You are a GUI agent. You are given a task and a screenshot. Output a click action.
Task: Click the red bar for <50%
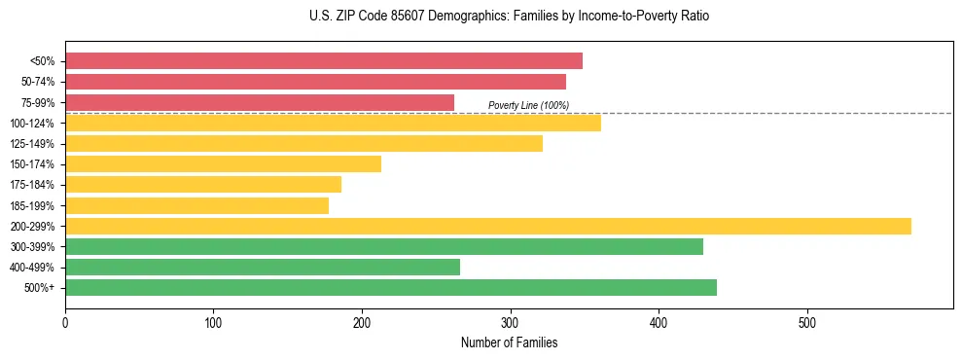324,61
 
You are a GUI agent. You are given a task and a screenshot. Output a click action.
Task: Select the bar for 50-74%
315,82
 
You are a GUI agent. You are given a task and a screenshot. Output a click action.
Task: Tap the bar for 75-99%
260,102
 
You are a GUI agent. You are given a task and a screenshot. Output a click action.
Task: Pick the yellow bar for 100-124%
333,123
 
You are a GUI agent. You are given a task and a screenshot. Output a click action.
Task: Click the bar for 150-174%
223,164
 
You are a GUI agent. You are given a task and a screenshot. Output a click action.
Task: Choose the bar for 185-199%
196,205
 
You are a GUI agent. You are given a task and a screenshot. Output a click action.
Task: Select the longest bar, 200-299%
488,227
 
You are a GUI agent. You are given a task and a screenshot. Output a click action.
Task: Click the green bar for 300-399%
384,247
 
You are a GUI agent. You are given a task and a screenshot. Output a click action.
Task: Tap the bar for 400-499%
263,268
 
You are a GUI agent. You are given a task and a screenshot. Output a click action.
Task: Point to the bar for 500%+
391,288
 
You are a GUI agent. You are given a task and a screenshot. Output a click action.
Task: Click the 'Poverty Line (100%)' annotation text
528,105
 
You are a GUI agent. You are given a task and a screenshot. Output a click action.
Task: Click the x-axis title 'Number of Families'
509,342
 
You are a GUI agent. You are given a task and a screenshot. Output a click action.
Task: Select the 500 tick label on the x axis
807,322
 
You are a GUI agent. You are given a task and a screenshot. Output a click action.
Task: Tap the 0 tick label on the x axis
65,322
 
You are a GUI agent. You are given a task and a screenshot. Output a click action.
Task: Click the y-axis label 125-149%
32,144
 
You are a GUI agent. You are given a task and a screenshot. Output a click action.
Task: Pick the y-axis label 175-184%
32,185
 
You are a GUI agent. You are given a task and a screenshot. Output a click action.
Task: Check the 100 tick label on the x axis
213,322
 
